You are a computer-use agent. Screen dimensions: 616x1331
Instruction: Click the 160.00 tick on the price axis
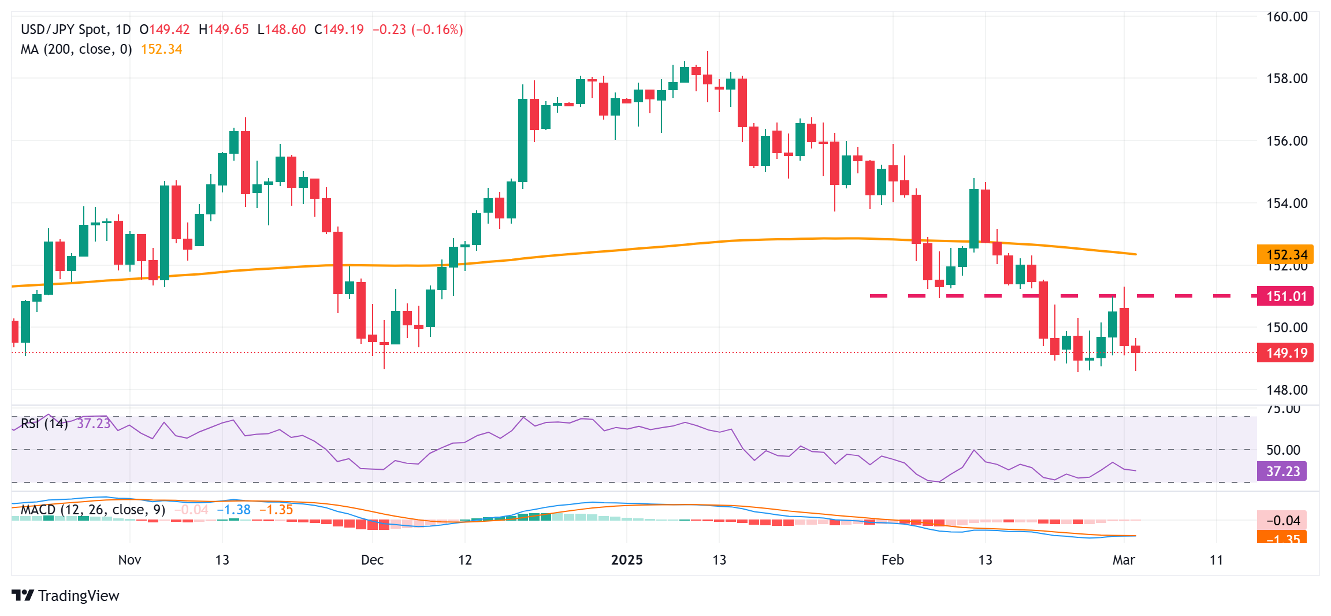pyautogui.click(x=1287, y=17)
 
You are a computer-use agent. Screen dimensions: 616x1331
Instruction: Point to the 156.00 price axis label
pyautogui.click(x=1287, y=141)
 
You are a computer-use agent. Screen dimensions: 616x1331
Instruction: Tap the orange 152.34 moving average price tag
pyautogui.click(x=1285, y=255)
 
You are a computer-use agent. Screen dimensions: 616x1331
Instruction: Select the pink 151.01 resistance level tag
pyautogui.click(x=1285, y=296)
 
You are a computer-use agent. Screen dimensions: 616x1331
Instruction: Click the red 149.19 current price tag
pyautogui.click(x=1285, y=353)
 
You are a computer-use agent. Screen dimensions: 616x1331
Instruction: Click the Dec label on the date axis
pyautogui.click(x=372, y=560)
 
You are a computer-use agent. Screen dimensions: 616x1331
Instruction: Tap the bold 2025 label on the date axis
pyautogui.click(x=627, y=560)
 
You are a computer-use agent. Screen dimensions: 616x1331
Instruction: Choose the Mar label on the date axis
pyautogui.click(x=1124, y=560)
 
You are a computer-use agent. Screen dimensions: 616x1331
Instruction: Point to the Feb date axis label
pyautogui.click(x=893, y=560)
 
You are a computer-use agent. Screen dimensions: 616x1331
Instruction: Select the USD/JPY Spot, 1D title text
pyautogui.click(x=76, y=29)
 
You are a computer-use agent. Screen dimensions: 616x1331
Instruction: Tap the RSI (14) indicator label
pyautogui.click(x=44, y=424)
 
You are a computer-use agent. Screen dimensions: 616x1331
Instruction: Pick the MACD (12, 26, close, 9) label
pyautogui.click(x=93, y=510)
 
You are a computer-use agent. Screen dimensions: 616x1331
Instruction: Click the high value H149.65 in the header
pyautogui.click(x=224, y=29)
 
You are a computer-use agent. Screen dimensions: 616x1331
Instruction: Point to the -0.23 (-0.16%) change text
pyautogui.click(x=417, y=29)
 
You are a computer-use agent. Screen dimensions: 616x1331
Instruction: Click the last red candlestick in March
pyautogui.click(x=1136, y=349)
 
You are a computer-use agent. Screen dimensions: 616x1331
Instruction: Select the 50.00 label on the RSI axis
pyautogui.click(x=1283, y=450)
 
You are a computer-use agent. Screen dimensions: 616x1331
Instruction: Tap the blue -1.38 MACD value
pyautogui.click(x=233, y=510)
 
